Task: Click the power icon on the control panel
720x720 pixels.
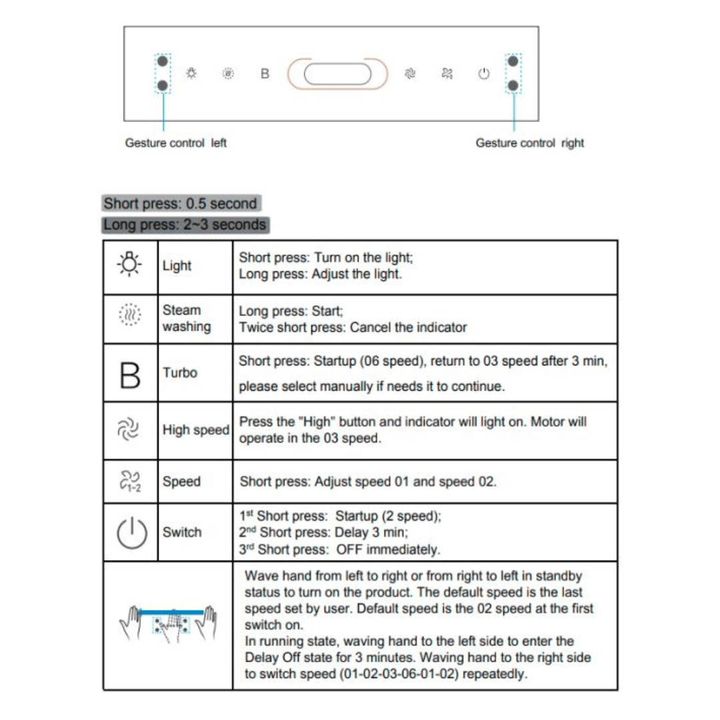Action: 484,74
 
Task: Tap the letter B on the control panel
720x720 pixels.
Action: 265,74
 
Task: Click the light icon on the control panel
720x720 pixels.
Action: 191,73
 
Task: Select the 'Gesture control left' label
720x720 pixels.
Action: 176,143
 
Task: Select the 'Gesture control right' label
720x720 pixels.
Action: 529,143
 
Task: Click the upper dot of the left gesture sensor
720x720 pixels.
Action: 162,61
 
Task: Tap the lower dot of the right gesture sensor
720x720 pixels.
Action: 513,86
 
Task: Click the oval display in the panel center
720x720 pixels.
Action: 337,74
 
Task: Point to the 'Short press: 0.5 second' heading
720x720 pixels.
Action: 180,203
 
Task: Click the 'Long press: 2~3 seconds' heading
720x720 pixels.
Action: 185,225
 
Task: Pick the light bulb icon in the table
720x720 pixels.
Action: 130,265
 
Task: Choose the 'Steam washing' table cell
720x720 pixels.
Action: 186,319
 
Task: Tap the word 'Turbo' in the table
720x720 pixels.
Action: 180,373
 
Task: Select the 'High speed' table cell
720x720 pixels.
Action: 195,431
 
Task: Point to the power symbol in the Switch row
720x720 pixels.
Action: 131,533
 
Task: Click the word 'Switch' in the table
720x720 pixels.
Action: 182,532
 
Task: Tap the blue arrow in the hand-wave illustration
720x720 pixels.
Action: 171,611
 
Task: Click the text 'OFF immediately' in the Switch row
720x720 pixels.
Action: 388,550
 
